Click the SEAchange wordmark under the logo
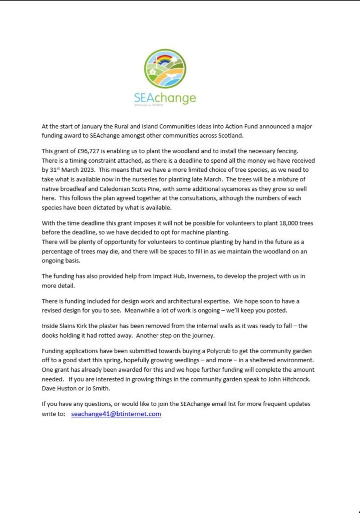[165, 98]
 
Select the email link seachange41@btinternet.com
[116, 414]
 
